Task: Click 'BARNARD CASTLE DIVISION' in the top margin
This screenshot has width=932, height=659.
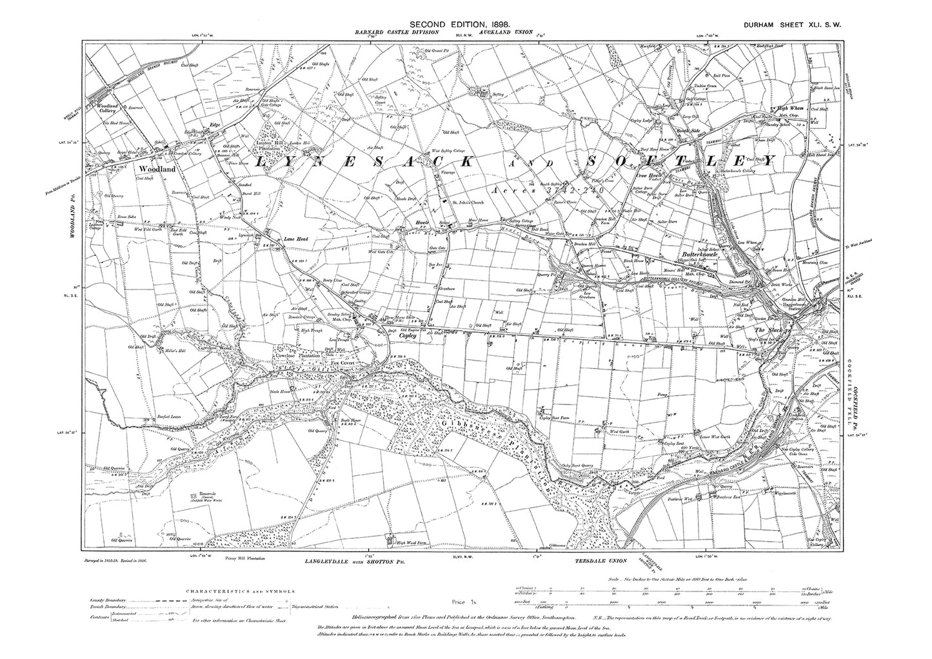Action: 397,32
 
